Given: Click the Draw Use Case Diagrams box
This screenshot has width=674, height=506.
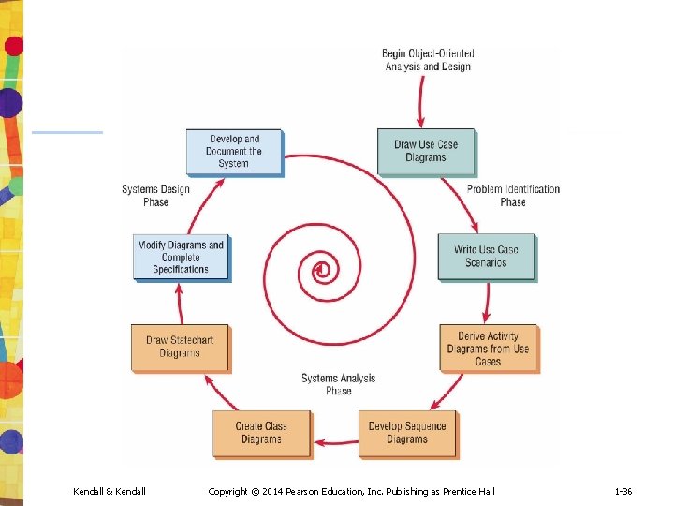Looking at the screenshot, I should pyautogui.click(x=426, y=151).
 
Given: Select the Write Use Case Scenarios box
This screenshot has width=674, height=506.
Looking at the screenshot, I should pyautogui.click(x=486, y=256).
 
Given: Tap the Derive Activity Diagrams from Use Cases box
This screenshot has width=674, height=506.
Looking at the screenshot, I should pyautogui.click(x=489, y=349).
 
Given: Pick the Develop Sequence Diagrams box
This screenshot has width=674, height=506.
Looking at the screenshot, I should pyautogui.click(x=406, y=433).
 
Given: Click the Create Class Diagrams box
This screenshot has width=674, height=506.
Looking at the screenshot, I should pyautogui.click(x=261, y=433).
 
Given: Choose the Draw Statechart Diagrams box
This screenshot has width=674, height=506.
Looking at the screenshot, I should pyautogui.click(x=180, y=347).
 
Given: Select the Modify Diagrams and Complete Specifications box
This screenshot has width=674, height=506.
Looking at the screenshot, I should pyautogui.click(x=181, y=257).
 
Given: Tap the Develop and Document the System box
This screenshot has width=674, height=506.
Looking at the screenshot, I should pyautogui.click(x=234, y=151).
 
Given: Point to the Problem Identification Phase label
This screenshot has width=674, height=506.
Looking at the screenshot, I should pyautogui.click(x=513, y=195).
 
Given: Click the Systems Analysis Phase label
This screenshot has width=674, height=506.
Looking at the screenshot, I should pyautogui.click(x=339, y=384).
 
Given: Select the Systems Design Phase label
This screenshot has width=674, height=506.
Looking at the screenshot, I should pyautogui.click(x=155, y=195).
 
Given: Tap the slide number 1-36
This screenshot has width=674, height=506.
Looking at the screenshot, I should pyautogui.click(x=623, y=492).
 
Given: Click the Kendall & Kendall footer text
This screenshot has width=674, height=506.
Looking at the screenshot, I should pyautogui.click(x=110, y=492).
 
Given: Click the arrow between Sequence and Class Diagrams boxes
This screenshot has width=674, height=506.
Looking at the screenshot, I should pyautogui.click(x=335, y=440).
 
